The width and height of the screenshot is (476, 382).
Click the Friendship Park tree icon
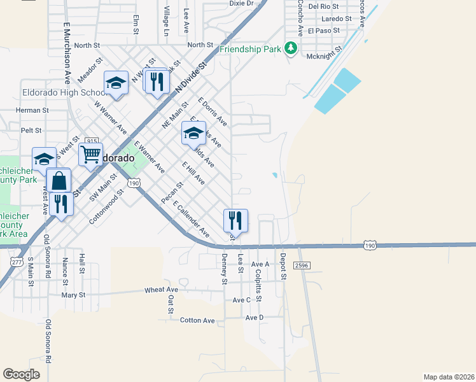point(290,48)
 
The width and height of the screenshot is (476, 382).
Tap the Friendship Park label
point(250,49)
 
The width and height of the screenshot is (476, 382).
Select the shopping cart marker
point(90,154)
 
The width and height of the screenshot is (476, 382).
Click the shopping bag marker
point(59,181)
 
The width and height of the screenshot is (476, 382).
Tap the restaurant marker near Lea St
point(235,220)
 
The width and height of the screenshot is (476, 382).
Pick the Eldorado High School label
point(58,91)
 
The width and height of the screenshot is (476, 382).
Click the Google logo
point(21,374)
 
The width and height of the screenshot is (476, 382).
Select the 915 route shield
point(92,141)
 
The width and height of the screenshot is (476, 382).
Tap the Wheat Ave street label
point(162,290)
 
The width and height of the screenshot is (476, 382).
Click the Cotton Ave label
point(197,320)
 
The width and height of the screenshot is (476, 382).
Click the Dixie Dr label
point(241,3)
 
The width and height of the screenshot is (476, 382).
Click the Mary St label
point(73,295)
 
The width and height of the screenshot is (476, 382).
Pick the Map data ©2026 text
point(449,377)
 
